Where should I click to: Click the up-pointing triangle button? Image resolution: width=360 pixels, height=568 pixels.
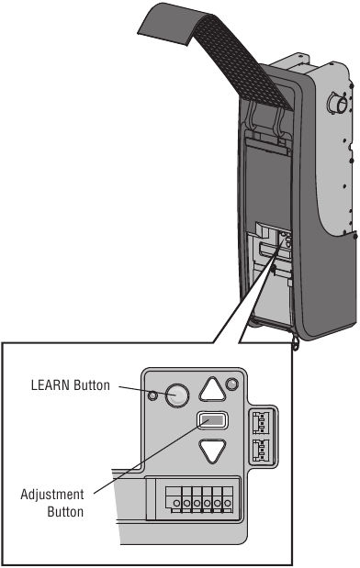pos(212,391)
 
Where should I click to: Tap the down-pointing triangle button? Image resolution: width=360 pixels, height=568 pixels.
pos(212,451)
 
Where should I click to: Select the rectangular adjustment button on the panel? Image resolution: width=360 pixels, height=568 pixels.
pos(213,421)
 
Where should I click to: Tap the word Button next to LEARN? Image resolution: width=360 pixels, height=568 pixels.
pos(95,387)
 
